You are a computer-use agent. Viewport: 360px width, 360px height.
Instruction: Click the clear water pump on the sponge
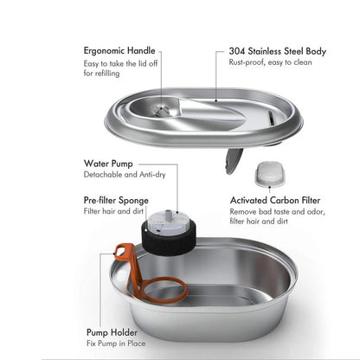[x=170, y=222]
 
